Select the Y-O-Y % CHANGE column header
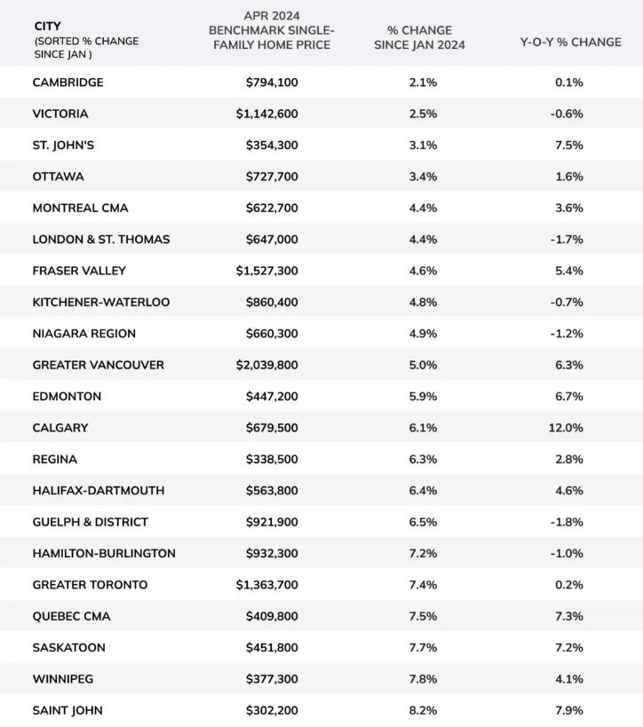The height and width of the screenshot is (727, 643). (x=570, y=42)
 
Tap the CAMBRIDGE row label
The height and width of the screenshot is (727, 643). (x=67, y=83)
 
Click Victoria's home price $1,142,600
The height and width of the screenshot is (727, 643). (x=274, y=114)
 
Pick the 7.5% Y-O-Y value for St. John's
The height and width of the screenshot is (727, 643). (x=568, y=146)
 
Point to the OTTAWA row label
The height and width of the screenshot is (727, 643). (x=58, y=177)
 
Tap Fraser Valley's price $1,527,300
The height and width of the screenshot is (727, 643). (x=274, y=271)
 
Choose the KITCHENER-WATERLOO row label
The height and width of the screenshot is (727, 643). (x=100, y=302)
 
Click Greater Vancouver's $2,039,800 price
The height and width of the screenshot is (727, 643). (x=274, y=365)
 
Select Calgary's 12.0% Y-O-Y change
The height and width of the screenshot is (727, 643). (x=567, y=428)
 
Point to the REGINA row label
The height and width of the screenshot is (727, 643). (x=54, y=459)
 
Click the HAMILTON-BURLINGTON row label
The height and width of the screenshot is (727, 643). (x=104, y=553)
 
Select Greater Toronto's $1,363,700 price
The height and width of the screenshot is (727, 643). (x=274, y=585)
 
